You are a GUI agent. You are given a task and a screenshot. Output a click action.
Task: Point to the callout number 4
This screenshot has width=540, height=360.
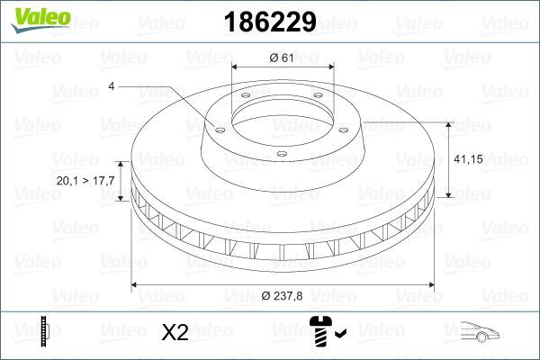click(x=111, y=87)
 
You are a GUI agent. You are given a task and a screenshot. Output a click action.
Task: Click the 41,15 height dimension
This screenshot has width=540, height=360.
click(x=472, y=158)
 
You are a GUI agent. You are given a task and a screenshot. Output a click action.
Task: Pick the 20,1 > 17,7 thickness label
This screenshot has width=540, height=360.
click(x=85, y=181)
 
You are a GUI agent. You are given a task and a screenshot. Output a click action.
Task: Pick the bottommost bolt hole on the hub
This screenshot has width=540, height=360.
click(x=281, y=155)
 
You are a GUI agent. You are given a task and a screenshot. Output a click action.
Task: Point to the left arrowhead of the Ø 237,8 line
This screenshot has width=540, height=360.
click(x=136, y=285)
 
